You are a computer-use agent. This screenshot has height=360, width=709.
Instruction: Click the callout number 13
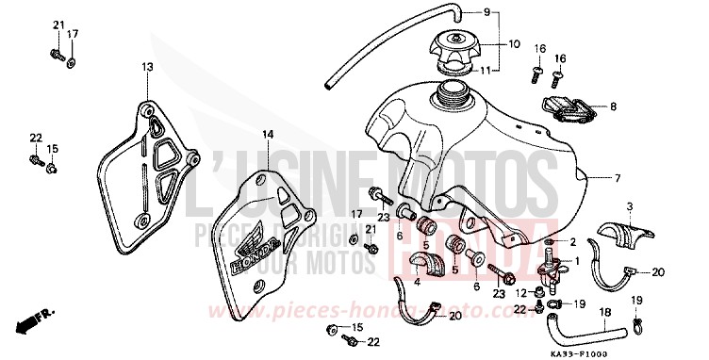pyautogui.click(x=147, y=67)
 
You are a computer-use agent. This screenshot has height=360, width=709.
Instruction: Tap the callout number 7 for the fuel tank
pyautogui.click(x=645, y=178)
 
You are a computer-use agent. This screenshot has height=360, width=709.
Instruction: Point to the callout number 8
pyautogui.click(x=613, y=106)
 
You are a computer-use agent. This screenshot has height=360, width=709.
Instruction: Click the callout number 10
pyautogui.click(x=515, y=44)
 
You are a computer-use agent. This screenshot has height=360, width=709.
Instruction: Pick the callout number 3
pyautogui.click(x=629, y=205)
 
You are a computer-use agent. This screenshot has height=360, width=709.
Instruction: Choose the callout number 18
pyautogui.click(x=605, y=312)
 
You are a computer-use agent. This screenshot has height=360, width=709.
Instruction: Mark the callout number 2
pyautogui.click(x=572, y=243)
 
